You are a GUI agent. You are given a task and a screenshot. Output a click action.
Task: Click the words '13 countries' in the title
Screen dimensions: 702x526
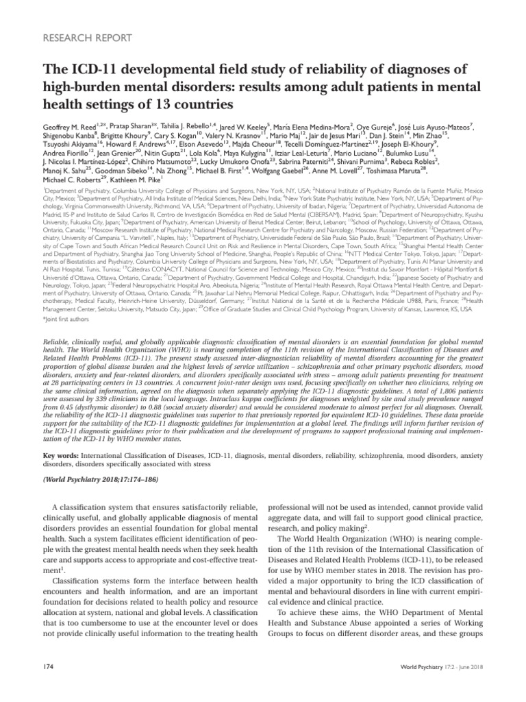196,104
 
